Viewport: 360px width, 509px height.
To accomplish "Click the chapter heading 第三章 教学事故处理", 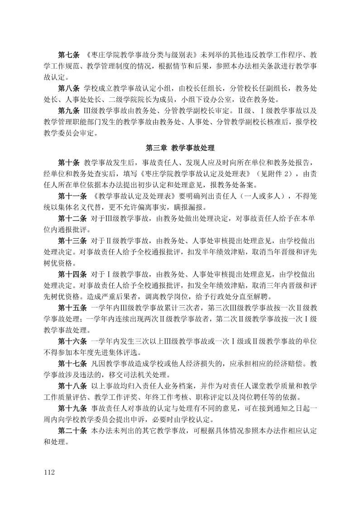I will tap(180, 148).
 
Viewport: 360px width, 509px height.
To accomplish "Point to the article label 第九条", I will tap(69, 110).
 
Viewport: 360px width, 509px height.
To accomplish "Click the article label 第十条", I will tap(69, 162).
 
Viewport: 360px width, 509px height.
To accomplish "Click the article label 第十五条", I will tap(72, 308).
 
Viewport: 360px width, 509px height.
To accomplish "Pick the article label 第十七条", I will tap(72, 364).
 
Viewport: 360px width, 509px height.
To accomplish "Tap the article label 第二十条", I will tap(72, 430).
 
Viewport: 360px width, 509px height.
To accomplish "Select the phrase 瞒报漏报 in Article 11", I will tap(190, 208).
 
